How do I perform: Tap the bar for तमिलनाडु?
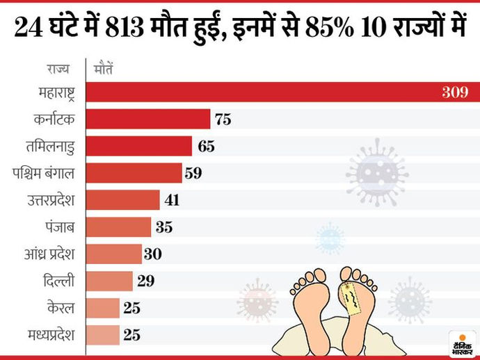coord(139,146)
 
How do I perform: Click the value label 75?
coord(223,120)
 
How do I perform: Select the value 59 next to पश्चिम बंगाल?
coord(193,173)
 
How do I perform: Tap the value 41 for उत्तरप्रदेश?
coord(173,200)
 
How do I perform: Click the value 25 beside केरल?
coord(132,308)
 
